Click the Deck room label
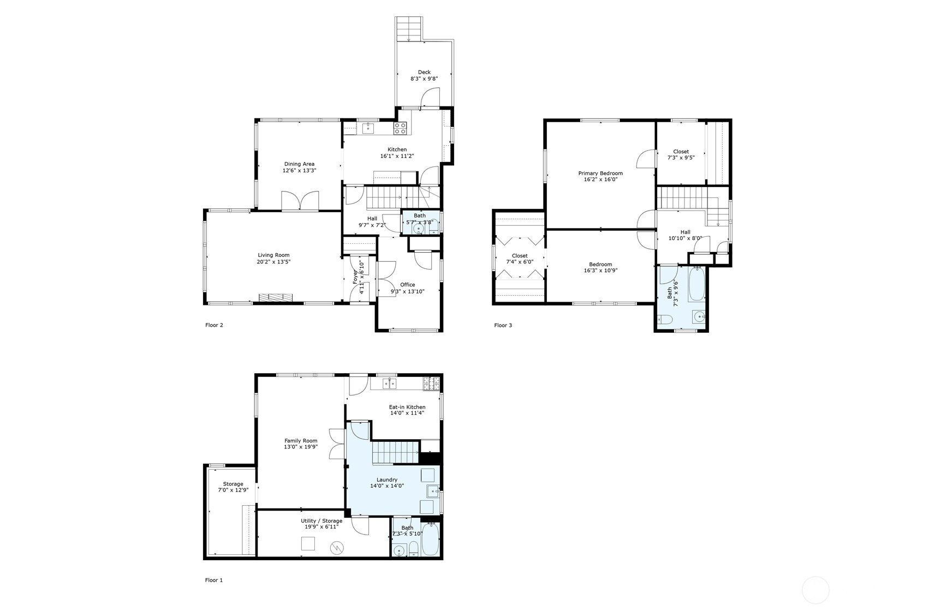point(424,72)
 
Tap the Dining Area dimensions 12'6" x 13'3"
point(299,171)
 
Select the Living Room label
point(273,255)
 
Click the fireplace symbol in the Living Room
point(276,297)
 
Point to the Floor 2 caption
point(214,325)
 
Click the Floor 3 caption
point(503,325)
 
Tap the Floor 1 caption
point(214,580)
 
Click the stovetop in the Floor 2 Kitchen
point(400,128)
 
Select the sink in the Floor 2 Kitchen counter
point(368,128)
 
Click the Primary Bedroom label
point(600,173)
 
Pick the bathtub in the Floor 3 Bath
point(696,284)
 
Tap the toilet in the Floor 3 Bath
point(664,320)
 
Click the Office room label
point(407,285)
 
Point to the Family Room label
point(301,441)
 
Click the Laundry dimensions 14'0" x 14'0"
point(387,486)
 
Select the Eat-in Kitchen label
point(407,407)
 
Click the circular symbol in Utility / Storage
point(337,548)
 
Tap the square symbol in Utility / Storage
point(308,543)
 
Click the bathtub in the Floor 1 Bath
point(430,540)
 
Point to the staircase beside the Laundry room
point(395,452)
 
